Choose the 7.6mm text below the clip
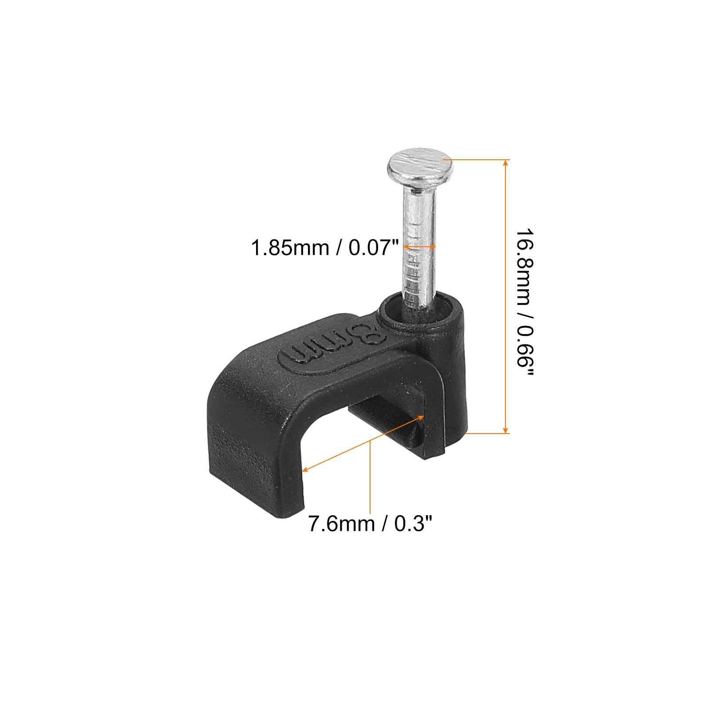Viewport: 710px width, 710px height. tap(341, 524)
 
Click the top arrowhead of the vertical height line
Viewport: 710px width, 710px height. tap(505, 162)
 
